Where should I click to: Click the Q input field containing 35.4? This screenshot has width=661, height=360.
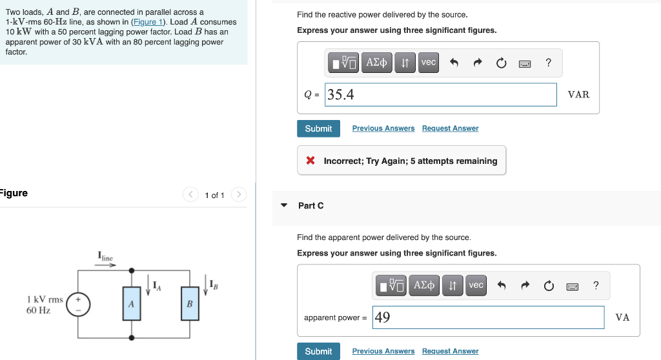point(441,95)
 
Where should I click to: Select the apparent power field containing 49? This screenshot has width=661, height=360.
point(488,317)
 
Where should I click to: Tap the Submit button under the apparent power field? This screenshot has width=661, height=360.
point(318,351)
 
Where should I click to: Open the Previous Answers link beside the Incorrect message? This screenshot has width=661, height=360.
point(383,128)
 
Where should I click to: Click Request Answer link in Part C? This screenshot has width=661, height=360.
point(450,351)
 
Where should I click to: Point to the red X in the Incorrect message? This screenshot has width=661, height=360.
point(310,161)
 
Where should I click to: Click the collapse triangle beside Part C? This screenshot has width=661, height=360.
point(284,206)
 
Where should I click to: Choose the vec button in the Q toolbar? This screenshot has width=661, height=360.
point(429,63)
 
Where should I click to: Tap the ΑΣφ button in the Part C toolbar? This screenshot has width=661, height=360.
point(423,285)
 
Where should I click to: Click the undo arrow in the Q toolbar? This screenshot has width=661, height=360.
point(454,63)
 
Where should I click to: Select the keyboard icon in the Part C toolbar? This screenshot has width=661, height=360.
point(572,285)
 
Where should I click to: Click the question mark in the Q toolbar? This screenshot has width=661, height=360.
point(548,63)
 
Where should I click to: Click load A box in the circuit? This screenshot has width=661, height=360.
point(132,303)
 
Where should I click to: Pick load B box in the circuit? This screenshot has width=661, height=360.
point(190,303)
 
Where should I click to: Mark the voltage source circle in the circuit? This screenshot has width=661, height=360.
point(79,303)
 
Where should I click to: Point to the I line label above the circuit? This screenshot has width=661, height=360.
point(105,257)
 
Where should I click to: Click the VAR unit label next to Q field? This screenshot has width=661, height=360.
point(578,95)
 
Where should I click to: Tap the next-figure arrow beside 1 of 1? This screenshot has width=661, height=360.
point(238,195)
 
